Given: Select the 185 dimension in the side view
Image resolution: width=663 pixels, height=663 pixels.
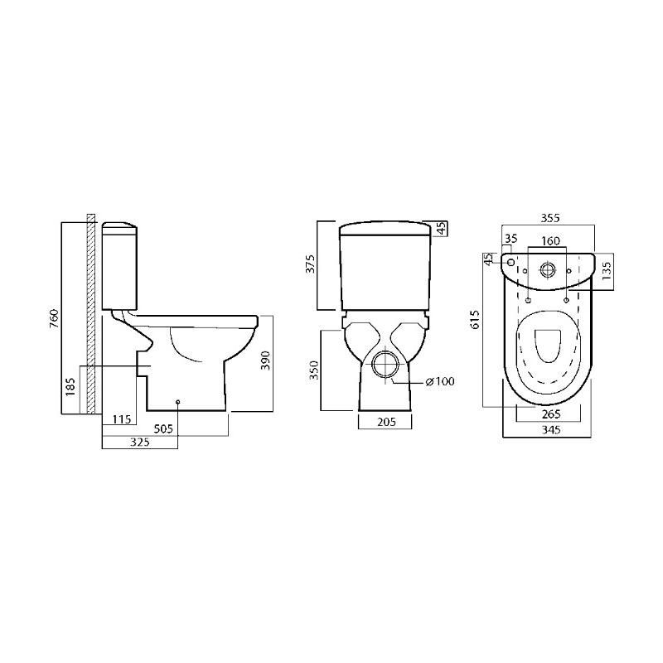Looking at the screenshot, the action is coord(70,386).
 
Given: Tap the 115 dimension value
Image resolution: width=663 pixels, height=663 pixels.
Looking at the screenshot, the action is coord(122,419).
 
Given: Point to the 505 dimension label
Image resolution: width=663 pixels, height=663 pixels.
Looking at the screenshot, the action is coord(163,428).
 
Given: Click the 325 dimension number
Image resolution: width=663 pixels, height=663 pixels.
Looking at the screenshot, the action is coord(140,442).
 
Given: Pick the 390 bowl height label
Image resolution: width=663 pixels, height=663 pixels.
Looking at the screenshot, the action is coord(265,361).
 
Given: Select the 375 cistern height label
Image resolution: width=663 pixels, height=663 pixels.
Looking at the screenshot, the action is coord(311,264).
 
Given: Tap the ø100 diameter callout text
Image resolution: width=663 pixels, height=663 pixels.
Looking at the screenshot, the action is coord(440,381).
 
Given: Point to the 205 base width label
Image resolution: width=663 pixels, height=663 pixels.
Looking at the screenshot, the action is coord(386,421).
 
